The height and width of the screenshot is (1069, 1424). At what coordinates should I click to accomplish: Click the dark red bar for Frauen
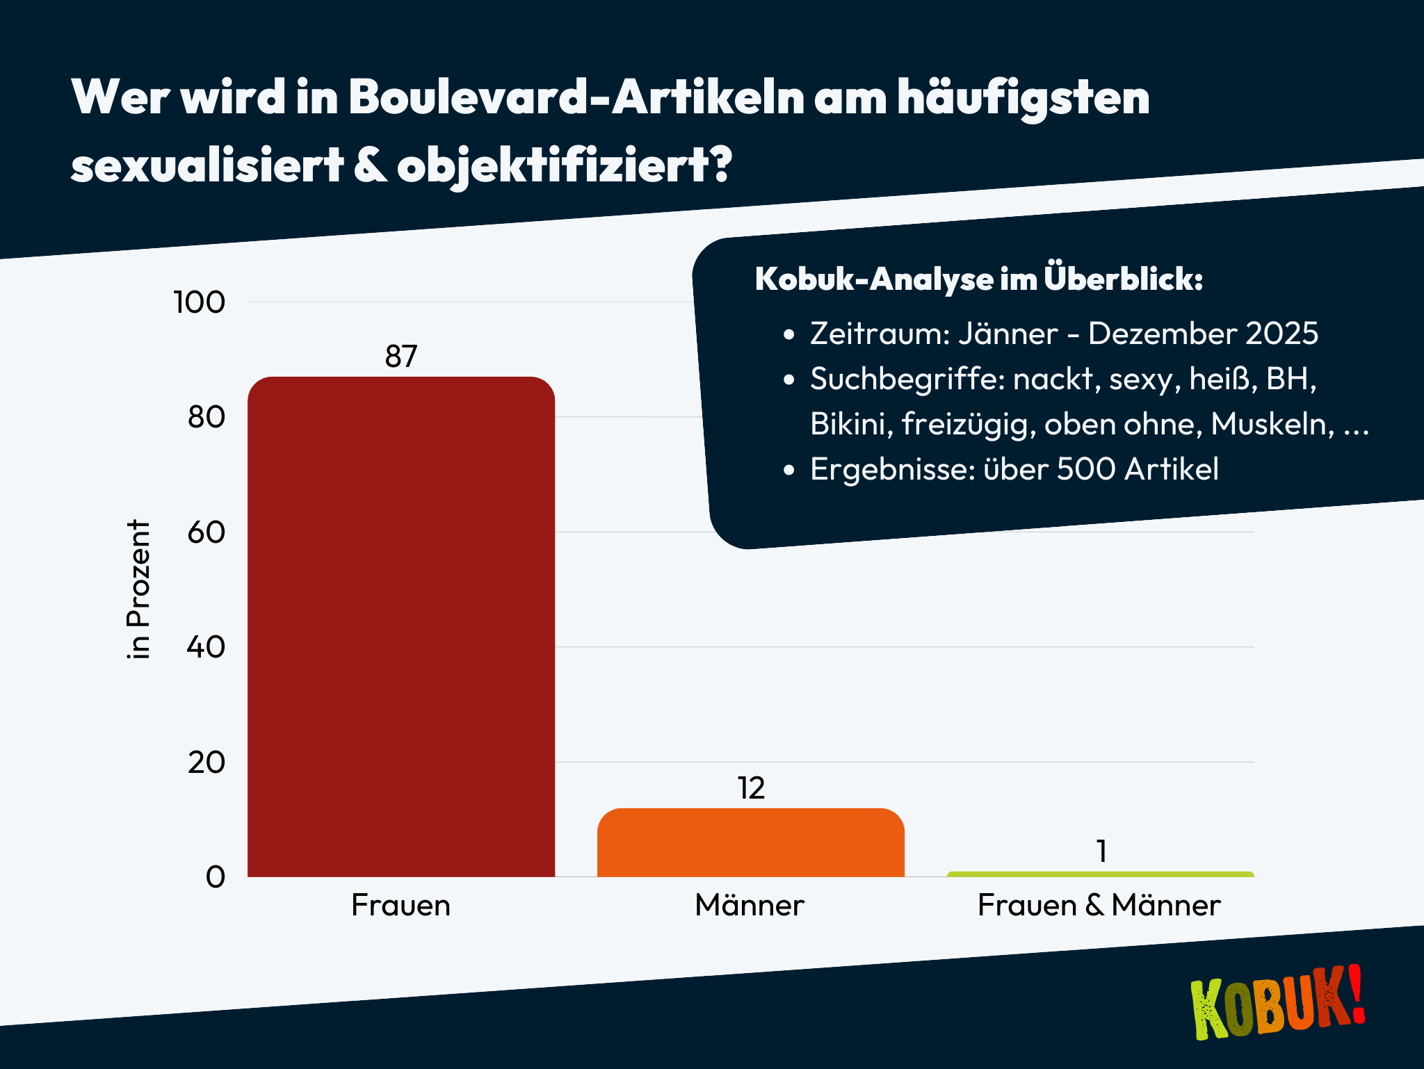tap(401, 626)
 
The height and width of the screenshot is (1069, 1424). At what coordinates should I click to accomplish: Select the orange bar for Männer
tap(750, 842)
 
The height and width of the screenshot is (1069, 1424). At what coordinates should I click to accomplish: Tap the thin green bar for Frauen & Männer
tap(1100, 874)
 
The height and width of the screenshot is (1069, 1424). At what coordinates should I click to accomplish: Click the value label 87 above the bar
tap(401, 357)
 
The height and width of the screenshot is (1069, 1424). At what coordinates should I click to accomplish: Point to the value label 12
tap(751, 788)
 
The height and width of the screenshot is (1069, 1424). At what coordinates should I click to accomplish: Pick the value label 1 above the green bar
tap(1101, 851)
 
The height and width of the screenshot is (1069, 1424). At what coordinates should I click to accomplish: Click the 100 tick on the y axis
tap(199, 302)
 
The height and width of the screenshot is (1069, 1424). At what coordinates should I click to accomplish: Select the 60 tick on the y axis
tap(206, 532)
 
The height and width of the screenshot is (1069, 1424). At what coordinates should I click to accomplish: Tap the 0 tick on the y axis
tap(215, 877)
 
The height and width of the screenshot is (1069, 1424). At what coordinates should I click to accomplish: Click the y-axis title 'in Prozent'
tap(139, 589)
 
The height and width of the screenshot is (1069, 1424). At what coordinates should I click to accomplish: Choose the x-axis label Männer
tap(750, 905)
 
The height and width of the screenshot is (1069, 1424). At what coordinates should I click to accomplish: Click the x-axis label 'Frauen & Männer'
tap(1099, 905)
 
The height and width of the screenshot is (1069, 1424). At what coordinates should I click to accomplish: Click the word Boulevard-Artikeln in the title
tap(576, 97)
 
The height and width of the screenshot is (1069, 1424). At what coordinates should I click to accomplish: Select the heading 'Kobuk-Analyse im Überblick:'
tap(979, 279)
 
